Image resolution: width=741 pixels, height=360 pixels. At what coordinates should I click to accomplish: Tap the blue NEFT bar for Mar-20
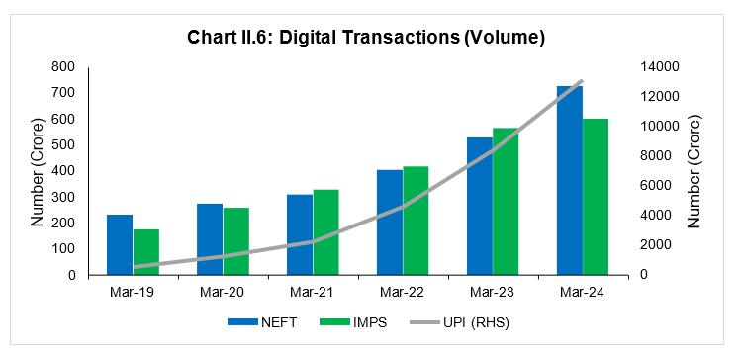[x=210, y=239]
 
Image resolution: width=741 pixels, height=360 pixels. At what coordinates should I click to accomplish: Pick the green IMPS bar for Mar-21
[x=326, y=231]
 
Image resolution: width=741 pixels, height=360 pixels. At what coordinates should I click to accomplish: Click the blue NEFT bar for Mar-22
[x=390, y=223]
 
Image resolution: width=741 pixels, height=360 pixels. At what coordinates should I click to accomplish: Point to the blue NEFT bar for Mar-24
[x=570, y=180]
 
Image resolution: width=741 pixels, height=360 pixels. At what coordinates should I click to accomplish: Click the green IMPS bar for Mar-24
[x=596, y=196]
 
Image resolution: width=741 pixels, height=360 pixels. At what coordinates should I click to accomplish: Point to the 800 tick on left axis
[x=63, y=67]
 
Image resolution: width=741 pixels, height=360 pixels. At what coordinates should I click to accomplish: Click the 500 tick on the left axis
[x=63, y=145]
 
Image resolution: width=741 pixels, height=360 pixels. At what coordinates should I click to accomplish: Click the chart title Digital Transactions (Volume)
[x=367, y=37]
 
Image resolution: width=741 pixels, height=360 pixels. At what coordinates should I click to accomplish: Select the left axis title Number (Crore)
[x=37, y=170]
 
